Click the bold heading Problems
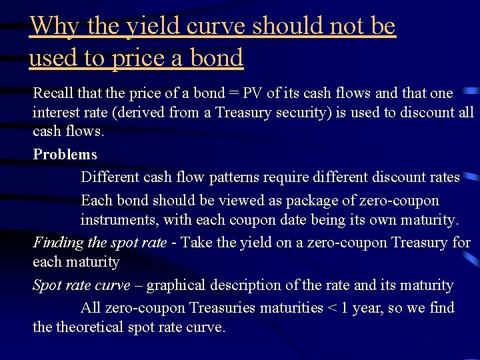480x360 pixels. [x=65, y=155]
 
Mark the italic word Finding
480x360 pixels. [x=57, y=243]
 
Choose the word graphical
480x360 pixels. [x=175, y=285]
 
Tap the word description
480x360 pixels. [x=243, y=285]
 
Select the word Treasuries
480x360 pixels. [x=224, y=308]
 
